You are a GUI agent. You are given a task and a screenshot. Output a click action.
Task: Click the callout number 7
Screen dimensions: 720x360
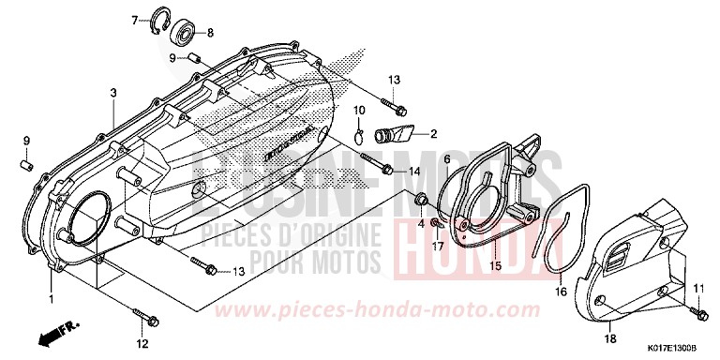point(134,20)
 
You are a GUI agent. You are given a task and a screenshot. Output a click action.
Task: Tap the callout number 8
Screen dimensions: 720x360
point(210,33)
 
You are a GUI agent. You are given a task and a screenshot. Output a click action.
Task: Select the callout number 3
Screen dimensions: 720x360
point(112,93)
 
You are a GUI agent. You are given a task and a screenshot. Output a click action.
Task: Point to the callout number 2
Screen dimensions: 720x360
point(434,134)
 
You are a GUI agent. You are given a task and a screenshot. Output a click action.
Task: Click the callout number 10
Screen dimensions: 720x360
point(359,112)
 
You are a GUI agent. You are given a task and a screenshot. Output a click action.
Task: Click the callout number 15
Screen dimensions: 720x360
point(496,265)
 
